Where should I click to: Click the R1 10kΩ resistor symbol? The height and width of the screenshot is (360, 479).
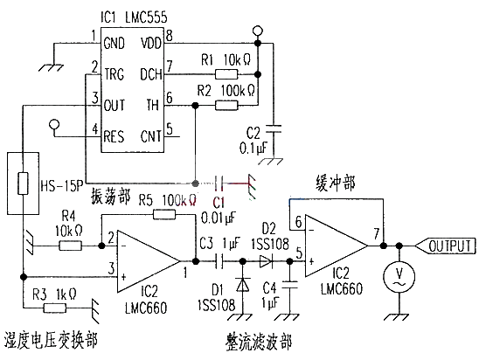coord(226,74)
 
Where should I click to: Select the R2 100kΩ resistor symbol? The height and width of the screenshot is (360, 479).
coord(226,106)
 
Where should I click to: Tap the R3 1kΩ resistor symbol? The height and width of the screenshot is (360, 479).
coord(55,308)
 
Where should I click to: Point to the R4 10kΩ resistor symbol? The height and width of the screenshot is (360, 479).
coord(70,246)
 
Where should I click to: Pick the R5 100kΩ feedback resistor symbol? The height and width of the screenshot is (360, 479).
coord(164,215)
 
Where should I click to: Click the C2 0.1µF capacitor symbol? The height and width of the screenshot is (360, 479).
coord(274,128)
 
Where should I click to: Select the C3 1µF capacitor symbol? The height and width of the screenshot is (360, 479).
coord(219,261)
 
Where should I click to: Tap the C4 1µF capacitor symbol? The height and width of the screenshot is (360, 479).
coord(290,285)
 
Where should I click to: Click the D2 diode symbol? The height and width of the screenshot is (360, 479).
coord(266,261)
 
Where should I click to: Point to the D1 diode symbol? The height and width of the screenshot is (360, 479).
coord(243,285)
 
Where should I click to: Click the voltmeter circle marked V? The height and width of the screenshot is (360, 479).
coord(399,277)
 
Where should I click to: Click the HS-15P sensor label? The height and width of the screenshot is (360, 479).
coord(62,185)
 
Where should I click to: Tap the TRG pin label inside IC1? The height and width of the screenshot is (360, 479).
coord(114,74)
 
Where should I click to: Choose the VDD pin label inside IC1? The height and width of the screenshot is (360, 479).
coord(150,43)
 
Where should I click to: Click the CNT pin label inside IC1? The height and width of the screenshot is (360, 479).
coord(150,136)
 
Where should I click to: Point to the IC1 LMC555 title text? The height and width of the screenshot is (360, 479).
coord(134,17)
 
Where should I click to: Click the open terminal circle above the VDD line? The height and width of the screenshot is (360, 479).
coord(258,31)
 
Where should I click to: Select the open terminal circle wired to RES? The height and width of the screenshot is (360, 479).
coord(55,124)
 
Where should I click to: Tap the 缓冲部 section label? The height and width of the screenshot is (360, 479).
coord(335,183)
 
